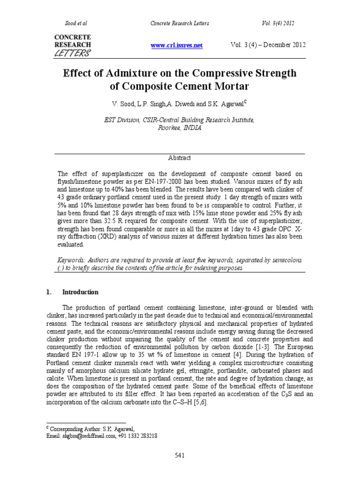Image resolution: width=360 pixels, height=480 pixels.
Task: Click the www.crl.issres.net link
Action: pos(176,45)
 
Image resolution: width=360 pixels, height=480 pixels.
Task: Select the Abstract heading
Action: pos(180,158)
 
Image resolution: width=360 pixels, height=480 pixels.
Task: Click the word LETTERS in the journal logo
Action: pos(73,53)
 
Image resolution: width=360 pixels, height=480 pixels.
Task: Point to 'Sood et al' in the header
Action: pos(75,23)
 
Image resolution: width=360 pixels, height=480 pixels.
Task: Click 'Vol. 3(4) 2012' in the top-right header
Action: pos(278,23)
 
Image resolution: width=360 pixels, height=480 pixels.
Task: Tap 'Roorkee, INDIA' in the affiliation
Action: pos(180,128)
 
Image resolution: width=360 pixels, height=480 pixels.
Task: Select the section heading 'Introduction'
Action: pos(80,292)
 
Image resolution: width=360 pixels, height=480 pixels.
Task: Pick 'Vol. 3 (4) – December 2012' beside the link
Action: pos(268,45)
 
